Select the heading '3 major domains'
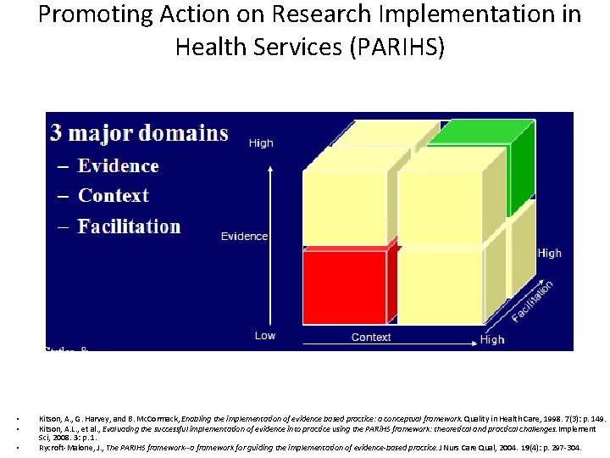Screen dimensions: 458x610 point(139,133)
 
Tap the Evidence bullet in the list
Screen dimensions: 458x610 point(118,166)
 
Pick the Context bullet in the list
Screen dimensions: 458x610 point(113,196)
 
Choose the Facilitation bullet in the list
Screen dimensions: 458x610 point(129,226)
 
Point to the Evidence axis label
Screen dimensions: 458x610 point(244,237)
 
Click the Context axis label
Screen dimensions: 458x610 point(371,338)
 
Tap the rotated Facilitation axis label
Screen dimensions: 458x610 point(533,301)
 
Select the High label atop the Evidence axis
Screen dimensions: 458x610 point(261,143)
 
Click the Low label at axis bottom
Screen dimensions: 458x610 point(265,336)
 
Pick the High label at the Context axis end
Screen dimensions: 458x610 point(491,339)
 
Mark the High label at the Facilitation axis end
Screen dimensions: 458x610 point(549,253)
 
